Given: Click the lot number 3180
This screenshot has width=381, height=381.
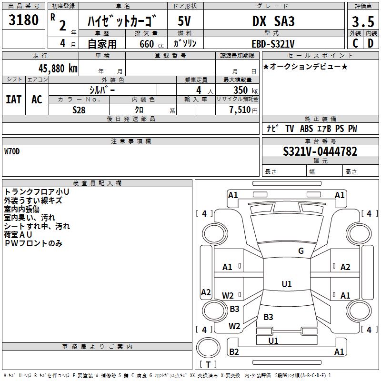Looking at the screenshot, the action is pos(23,20).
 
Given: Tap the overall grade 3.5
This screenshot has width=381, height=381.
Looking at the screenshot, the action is pos(363,22).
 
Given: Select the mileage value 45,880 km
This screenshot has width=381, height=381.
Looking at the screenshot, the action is pos(58,69).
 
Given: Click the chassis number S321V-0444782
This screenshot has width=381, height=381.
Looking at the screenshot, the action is pos(320,151).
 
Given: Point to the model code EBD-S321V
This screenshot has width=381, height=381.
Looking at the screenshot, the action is pos(273,44).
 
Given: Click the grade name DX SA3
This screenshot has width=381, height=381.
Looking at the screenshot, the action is pos(273,21).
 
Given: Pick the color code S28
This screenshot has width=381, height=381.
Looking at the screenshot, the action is pos(79,110).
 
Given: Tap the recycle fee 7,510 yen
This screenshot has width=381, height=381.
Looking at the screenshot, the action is pos(243,110).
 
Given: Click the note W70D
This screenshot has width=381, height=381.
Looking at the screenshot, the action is pos(12,151).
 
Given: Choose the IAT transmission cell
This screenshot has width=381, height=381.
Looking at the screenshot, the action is pos(14,100).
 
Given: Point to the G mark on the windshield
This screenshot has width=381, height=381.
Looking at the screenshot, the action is pos(301,251).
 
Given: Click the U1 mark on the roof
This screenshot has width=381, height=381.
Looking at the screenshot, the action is pos(287,284).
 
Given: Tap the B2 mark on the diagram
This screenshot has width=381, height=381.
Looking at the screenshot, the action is pos(234,351).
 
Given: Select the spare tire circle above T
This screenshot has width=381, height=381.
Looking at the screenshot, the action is pos(208,347).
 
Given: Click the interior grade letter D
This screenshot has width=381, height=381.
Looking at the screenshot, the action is pos(371,43).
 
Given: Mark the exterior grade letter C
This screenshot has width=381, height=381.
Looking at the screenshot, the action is pos(355,43).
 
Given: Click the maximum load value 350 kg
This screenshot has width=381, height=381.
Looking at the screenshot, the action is pos(245,90).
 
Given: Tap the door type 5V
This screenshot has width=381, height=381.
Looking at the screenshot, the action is pos(184,21).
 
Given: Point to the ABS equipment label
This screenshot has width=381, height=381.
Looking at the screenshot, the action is pos(306,129).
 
